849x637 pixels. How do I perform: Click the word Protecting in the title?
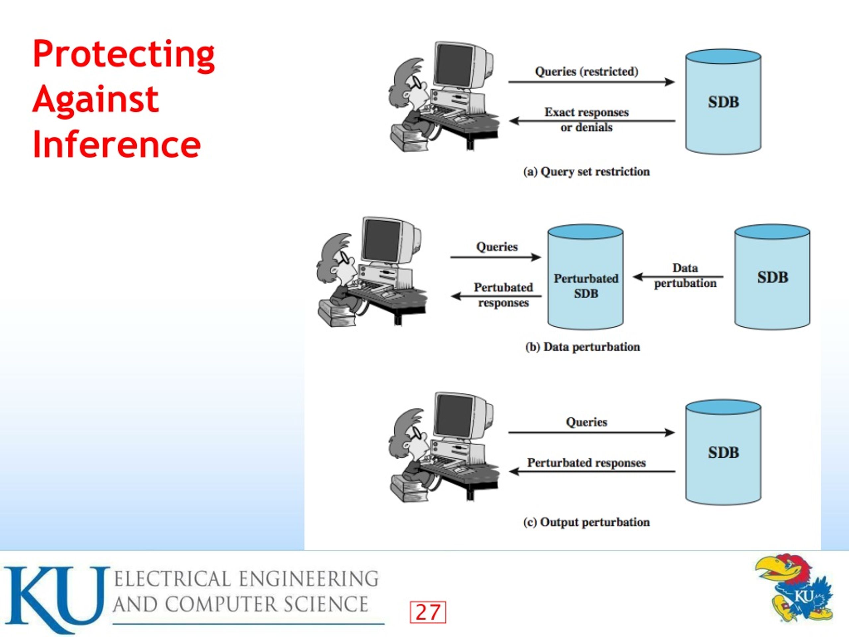pyautogui.click(x=124, y=55)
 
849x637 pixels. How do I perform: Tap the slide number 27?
pyautogui.click(x=428, y=612)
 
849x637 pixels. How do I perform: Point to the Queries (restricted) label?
pyautogui.click(x=586, y=71)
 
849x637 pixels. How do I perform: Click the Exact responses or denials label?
pyautogui.click(x=586, y=119)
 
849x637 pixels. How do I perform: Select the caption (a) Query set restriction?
pyautogui.click(x=586, y=172)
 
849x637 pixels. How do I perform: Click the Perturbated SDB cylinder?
pyautogui.click(x=585, y=277)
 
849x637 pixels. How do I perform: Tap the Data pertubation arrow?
pyautogui.click(x=678, y=276)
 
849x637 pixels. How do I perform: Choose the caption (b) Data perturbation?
pyautogui.click(x=583, y=347)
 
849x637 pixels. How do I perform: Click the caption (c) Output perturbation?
pyautogui.click(x=586, y=522)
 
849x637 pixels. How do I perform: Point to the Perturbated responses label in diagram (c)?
pyautogui.click(x=586, y=463)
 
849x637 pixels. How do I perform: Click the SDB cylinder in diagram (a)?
pyautogui.click(x=723, y=102)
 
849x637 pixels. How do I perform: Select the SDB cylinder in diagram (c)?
pyautogui.click(x=723, y=452)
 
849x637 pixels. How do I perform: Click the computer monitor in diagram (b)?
pyautogui.click(x=390, y=242)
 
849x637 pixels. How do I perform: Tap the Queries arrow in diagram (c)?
pyautogui.click(x=591, y=433)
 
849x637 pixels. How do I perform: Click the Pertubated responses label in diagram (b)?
pyautogui.click(x=503, y=295)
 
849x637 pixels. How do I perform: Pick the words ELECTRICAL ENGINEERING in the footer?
pyautogui.click(x=246, y=579)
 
